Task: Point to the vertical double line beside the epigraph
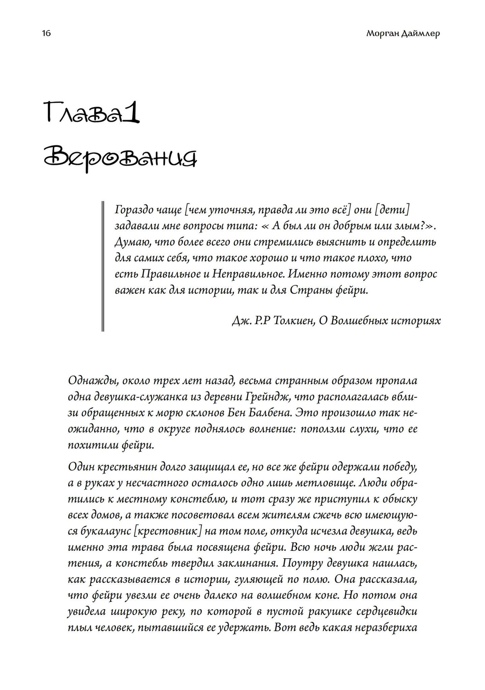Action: [x=103, y=266]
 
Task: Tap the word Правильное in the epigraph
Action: [x=172, y=274]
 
